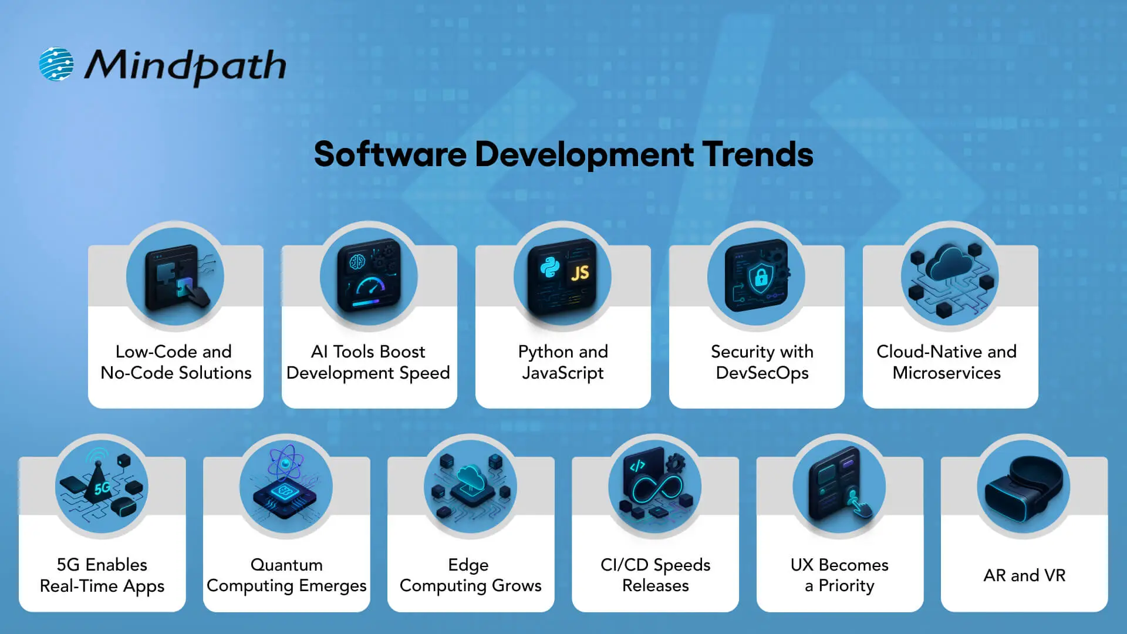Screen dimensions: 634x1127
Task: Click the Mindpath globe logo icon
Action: (56, 64)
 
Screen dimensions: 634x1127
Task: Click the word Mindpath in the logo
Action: (185, 66)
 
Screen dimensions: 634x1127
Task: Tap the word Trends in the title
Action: (758, 154)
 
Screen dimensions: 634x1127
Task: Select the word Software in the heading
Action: (390, 154)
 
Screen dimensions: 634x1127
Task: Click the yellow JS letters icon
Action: (580, 273)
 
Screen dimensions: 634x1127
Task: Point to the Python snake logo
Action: (550, 268)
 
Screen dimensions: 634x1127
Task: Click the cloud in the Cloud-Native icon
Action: (951, 264)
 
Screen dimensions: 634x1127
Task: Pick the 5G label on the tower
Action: (102, 488)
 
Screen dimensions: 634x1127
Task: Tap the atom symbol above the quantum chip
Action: (285, 463)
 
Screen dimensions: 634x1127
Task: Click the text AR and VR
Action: (1024, 575)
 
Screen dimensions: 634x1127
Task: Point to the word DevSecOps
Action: (762, 373)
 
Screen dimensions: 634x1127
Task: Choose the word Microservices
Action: (946, 373)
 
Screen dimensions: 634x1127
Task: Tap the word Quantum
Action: (286, 565)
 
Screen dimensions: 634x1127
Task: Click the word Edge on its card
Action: (468, 565)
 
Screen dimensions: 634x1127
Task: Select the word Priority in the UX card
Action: (846, 586)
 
